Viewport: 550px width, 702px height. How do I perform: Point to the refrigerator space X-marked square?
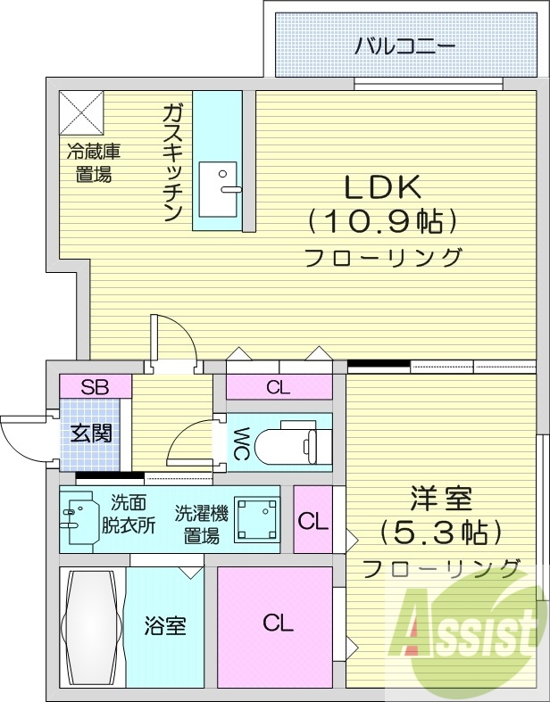(x=82, y=112)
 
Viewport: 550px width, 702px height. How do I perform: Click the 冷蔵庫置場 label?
(x=93, y=163)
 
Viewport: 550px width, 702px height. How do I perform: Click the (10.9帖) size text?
(x=383, y=219)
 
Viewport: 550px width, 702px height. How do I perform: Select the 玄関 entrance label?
(x=91, y=434)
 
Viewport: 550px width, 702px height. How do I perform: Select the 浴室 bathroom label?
(x=165, y=625)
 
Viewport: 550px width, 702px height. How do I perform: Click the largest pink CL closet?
(x=276, y=624)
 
